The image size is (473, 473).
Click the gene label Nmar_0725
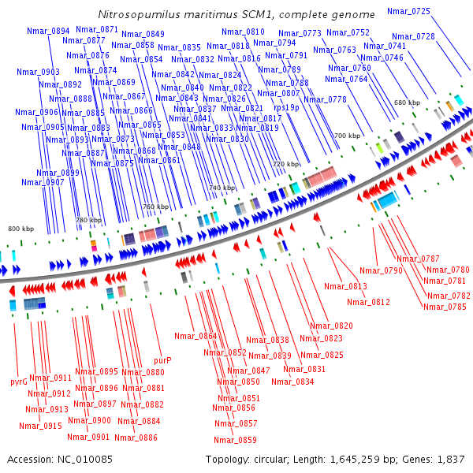click(409, 11)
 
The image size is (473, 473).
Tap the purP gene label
click(162, 360)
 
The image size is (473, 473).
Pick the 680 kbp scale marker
click(407, 103)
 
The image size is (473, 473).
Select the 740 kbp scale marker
click(222, 188)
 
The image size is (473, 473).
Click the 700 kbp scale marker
click(347, 136)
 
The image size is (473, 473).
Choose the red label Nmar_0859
click(236, 440)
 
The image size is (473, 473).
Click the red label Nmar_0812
click(368, 302)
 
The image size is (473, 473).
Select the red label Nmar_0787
click(418, 259)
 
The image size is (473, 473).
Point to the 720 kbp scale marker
click(286, 164)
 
